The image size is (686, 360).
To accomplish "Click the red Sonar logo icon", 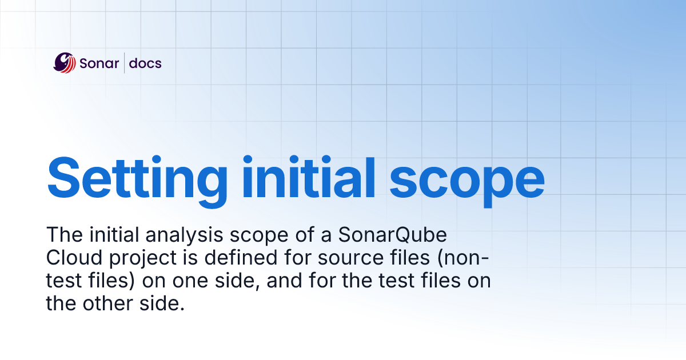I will (x=64, y=63).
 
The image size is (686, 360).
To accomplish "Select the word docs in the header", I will (x=145, y=63).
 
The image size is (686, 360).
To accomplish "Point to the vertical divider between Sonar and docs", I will (x=124, y=63).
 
